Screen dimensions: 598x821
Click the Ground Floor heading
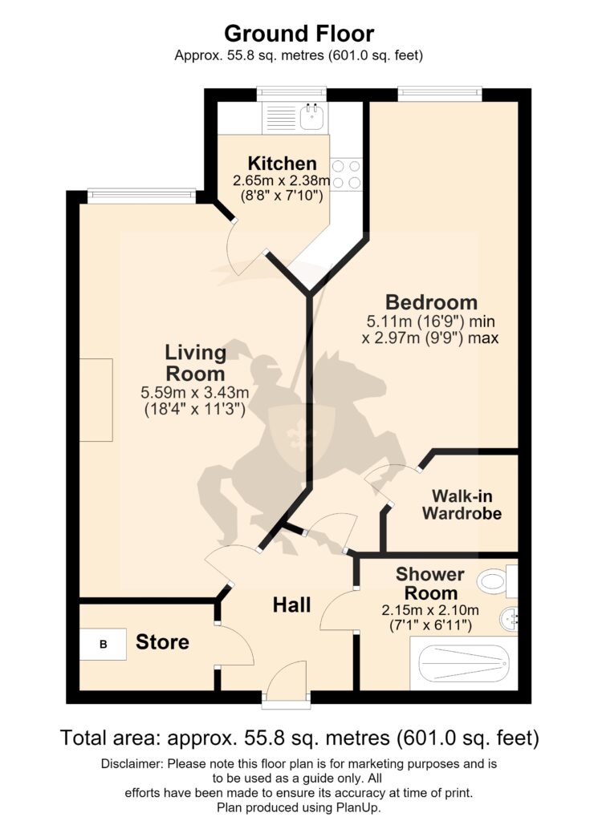point(299,34)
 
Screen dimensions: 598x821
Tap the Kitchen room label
point(282,164)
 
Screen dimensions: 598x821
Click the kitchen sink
point(313,116)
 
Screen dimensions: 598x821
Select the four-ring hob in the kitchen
point(347,174)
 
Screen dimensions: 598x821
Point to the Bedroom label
point(431,302)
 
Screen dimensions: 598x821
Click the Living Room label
point(195,363)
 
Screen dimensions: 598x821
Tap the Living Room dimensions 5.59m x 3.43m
point(195,391)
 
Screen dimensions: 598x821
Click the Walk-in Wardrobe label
point(462,504)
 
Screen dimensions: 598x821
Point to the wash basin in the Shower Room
point(510,621)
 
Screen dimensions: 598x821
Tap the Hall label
point(292,605)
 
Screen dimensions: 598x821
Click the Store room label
point(162,642)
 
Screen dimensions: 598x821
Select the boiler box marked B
point(104,644)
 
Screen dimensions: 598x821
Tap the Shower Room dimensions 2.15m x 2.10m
point(430,610)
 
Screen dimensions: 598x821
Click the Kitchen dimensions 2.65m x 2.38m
point(282,181)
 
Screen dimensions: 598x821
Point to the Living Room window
point(141,196)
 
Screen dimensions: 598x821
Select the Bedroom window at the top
point(440,94)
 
